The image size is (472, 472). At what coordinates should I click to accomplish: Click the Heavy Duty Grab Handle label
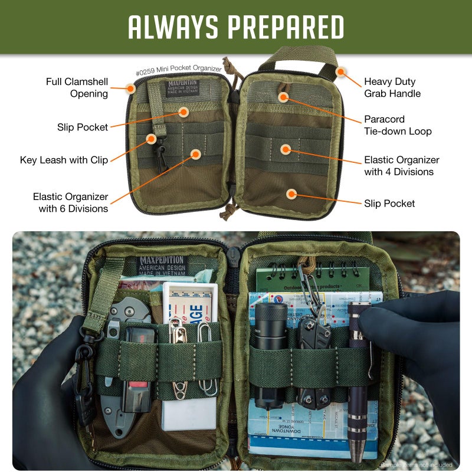click(x=392, y=87)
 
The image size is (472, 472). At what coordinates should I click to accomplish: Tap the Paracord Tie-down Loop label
click(x=398, y=125)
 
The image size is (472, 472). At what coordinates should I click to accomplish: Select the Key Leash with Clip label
click(x=64, y=160)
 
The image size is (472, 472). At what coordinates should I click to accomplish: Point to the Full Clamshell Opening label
click(x=77, y=87)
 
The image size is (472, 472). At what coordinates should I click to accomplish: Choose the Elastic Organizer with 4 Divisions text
click(x=401, y=166)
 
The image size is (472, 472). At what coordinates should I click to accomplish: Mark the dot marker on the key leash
click(x=151, y=139)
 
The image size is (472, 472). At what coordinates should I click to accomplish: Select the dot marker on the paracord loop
click(x=284, y=96)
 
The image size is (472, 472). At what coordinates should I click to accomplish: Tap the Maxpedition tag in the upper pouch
click(x=182, y=87)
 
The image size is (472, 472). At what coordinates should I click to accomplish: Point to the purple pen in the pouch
click(x=358, y=383)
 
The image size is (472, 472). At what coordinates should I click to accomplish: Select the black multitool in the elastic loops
click(x=313, y=360)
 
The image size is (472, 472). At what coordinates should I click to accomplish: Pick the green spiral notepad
click(x=313, y=280)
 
